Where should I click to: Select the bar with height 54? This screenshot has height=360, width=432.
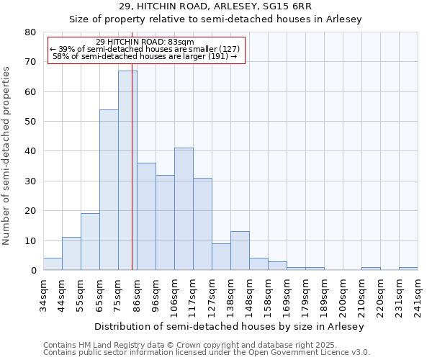(x=109, y=190)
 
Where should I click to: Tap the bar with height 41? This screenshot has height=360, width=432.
(x=184, y=209)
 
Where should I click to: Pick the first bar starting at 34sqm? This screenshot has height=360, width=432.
(x=53, y=264)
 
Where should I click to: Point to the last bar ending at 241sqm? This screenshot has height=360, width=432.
(x=408, y=269)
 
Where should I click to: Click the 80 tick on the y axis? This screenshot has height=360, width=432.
(x=30, y=32)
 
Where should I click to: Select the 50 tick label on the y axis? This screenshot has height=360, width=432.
(x=30, y=122)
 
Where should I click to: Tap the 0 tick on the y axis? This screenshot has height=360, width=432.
(x=33, y=271)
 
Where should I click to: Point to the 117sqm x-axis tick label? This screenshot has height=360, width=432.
(x=194, y=294)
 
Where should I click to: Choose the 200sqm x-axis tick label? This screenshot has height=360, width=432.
(x=343, y=294)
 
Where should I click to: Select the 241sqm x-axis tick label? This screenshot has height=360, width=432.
(x=418, y=294)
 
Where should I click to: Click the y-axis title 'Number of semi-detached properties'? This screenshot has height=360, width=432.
(x=6, y=156)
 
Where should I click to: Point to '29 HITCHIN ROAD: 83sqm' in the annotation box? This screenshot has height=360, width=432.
(x=145, y=42)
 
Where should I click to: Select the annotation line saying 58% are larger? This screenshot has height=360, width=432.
(x=145, y=56)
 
